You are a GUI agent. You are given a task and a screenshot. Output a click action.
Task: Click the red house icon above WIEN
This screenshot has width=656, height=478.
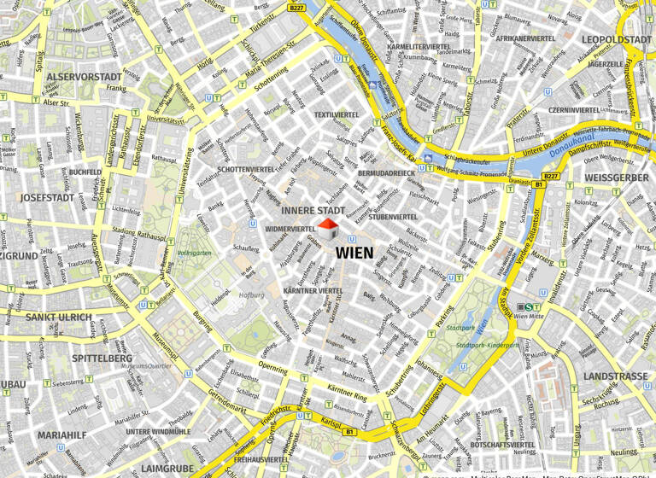(x=328, y=229)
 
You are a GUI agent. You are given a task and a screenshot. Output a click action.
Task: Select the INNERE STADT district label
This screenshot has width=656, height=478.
(x=313, y=210)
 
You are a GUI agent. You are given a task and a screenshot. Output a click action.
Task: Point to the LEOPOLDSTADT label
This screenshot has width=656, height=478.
(x=616, y=39)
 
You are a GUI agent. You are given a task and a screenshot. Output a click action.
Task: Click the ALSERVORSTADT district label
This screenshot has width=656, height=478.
(x=85, y=77)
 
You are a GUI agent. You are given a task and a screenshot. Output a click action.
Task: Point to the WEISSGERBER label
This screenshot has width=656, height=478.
(x=616, y=178)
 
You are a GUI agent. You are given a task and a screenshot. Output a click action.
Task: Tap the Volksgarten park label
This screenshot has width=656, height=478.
(x=193, y=254)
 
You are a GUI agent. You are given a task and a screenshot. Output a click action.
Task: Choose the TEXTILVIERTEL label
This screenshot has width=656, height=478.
(x=337, y=114)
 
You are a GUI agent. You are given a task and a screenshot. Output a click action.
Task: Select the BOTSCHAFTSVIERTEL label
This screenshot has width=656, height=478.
(x=502, y=445)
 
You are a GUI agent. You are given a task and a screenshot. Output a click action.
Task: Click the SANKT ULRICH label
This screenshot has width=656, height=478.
(x=59, y=318)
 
